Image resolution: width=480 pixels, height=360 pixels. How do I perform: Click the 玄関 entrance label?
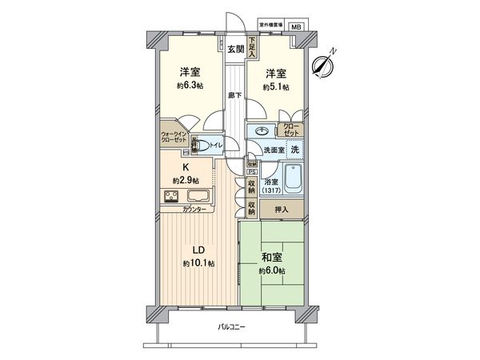[x=234, y=49]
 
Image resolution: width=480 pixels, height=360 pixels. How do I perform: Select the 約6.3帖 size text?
[x=190, y=85]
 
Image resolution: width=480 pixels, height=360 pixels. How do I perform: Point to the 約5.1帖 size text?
[x=275, y=86]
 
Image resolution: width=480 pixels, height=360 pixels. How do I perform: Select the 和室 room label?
[x=271, y=258]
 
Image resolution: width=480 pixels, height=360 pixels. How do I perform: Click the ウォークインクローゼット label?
[x=174, y=137]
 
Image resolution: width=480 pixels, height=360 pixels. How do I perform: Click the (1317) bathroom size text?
[x=271, y=191]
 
